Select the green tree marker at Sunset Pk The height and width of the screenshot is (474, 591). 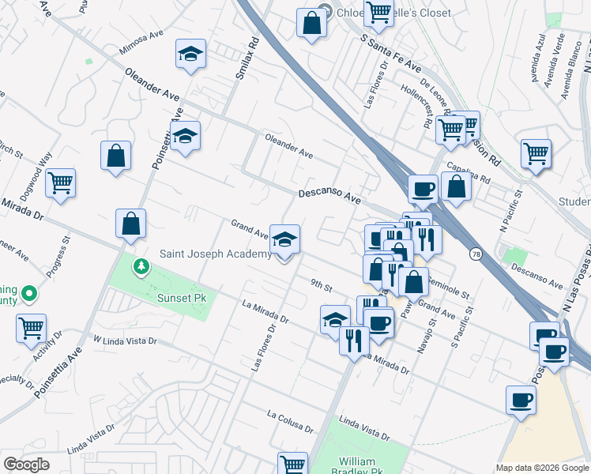141,266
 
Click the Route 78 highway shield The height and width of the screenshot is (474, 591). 475,254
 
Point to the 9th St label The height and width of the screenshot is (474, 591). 321,285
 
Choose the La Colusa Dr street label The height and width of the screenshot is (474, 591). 290,420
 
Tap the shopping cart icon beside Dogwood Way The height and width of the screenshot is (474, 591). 60,183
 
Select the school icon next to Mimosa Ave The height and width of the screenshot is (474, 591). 190,55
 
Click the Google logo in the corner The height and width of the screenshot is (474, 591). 26,464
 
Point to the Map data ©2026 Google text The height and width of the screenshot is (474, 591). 540,468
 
